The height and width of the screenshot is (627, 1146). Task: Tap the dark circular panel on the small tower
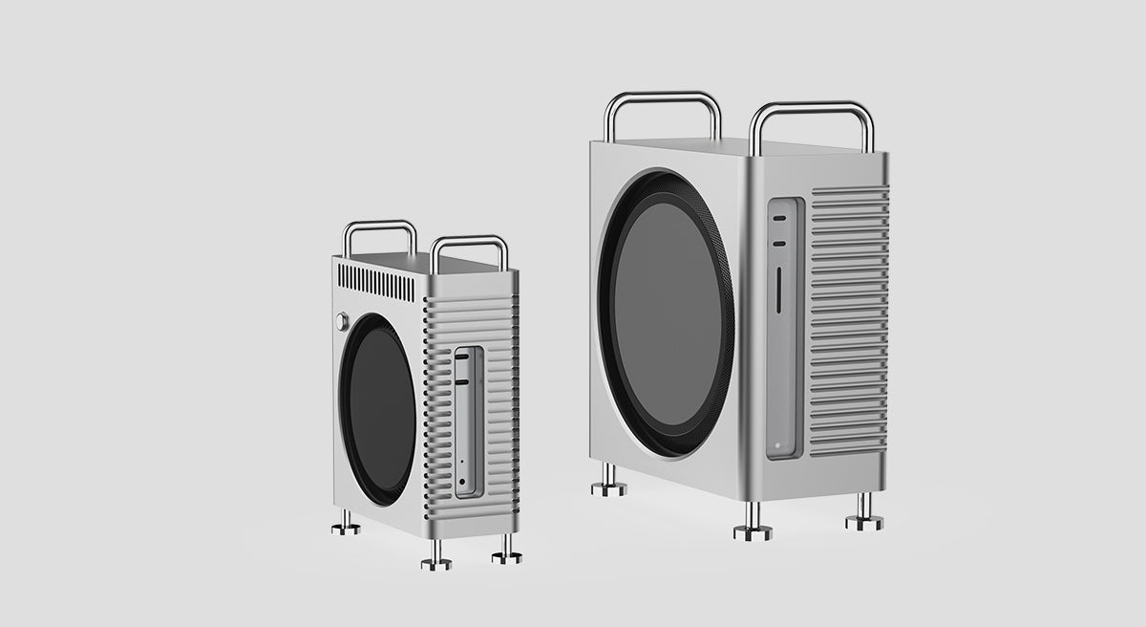coord(379,408)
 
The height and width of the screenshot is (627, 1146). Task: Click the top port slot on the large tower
coord(781,219)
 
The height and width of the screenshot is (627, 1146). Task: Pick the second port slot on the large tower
coord(781,244)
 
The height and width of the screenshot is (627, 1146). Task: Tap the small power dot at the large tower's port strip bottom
coord(780,442)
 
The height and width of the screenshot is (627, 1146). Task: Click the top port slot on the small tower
coord(462,357)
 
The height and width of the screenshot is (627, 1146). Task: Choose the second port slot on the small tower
coord(462,380)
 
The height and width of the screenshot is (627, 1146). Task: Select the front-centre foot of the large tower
coord(753,528)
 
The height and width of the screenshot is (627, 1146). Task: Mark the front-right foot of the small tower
coord(506,552)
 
